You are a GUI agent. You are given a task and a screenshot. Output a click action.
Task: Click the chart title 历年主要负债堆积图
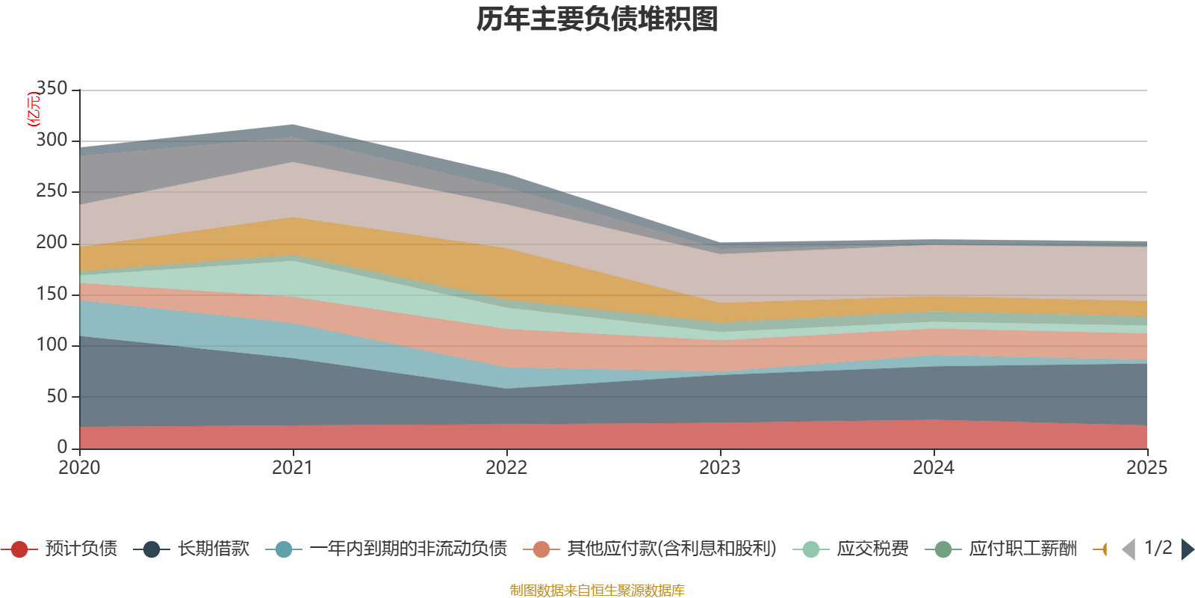(x=597, y=19)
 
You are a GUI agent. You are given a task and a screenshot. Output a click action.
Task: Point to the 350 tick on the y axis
(x=52, y=88)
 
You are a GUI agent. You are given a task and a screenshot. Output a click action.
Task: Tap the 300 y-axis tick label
(x=52, y=140)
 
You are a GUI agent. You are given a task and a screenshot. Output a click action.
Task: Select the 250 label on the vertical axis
(x=52, y=191)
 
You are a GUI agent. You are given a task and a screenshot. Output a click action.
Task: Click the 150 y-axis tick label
(x=52, y=293)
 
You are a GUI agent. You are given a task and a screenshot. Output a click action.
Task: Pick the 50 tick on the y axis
(x=57, y=395)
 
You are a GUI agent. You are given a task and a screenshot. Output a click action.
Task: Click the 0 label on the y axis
(x=62, y=446)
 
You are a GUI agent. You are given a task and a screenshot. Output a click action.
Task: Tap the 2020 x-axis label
(x=79, y=468)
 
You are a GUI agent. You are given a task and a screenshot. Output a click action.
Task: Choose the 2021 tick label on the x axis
(x=293, y=468)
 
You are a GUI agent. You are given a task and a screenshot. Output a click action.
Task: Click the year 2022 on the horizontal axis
(x=506, y=468)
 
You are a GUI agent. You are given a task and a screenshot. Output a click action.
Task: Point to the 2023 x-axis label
(x=720, y=468)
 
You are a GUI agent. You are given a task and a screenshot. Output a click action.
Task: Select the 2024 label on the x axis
(x=934, y=468)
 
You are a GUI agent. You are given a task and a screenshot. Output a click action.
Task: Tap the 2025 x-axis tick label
(x=1146, y=468)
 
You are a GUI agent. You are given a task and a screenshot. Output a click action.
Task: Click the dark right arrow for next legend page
(x=1187, y=549)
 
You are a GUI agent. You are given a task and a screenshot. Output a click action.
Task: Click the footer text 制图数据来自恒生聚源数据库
(x=597, y=591)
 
